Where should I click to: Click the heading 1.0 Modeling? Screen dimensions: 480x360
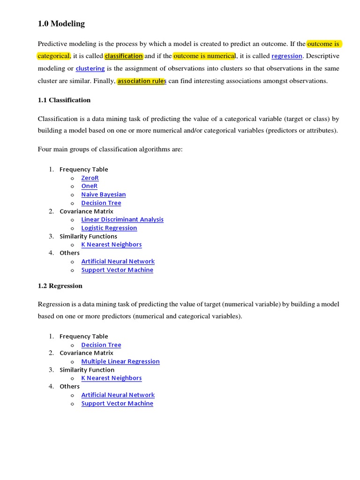(61, 24)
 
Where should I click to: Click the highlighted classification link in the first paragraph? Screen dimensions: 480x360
(124, 56)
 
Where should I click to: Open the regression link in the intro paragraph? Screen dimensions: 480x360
(287, 56)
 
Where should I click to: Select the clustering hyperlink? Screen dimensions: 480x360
(90, 68)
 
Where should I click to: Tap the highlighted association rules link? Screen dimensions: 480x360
(142, 81)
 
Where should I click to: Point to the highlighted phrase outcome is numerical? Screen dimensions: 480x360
(204, 56)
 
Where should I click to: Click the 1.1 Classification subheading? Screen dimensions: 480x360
(64, 100)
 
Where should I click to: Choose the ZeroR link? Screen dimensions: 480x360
(90, 178)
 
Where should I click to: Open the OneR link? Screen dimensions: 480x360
(90, 186)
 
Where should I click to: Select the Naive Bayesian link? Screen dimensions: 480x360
(104, 195)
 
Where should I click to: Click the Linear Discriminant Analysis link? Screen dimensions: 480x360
(122, 219)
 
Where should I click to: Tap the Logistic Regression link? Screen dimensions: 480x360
(109, 228)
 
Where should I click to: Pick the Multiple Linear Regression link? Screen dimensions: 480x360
(120, 361)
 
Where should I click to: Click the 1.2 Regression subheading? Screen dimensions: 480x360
(60, 286)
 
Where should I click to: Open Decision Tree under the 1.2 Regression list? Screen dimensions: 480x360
(101, 345)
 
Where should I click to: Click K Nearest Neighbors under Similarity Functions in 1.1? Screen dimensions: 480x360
(112, 245)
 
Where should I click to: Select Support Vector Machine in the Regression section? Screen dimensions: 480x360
(117, 404)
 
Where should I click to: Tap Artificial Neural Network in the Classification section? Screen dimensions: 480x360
(118, 262)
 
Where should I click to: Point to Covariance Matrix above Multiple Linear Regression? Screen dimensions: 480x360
(86, 353)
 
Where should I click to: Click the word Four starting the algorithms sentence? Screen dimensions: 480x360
(45, 149)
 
